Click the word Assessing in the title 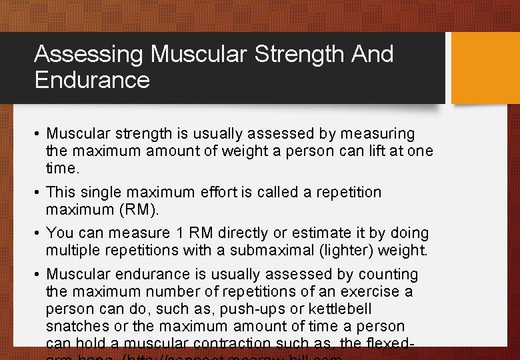click(89, 54)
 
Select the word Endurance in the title click(92, 80)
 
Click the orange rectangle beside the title click(485, 68)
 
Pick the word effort click(225, 193)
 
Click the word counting click(388, 274)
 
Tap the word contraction click(230, 344)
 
